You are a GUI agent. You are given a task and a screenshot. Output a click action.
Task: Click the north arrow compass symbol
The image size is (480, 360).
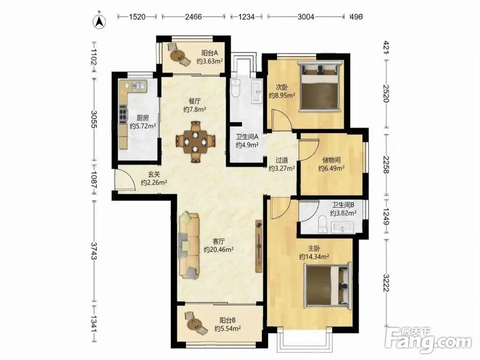[x=99, y=21]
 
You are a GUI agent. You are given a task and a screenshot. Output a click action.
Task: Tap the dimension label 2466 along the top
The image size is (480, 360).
[x=193, y=16]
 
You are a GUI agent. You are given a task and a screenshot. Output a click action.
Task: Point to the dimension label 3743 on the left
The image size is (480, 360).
[x=94, y=251]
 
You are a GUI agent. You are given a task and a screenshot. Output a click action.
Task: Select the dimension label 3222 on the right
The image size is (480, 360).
[x=386, y=283]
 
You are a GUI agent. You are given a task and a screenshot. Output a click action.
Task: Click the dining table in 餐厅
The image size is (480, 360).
[x=195, y=142]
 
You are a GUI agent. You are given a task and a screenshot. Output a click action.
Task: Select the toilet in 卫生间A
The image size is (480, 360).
[x=236, y=88]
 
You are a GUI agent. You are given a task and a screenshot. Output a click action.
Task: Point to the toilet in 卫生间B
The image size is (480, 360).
[x=323, y=224]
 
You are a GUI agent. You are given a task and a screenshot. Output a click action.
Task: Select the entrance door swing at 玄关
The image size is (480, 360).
[x=124, y=180]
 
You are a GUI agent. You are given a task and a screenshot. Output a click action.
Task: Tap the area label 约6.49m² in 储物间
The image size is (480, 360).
[x=332, y=168]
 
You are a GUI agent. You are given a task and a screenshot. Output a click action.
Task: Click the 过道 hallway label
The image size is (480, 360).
[x=282, y=160]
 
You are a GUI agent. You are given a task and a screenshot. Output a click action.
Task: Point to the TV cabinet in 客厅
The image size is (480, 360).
[x=259, y=246]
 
